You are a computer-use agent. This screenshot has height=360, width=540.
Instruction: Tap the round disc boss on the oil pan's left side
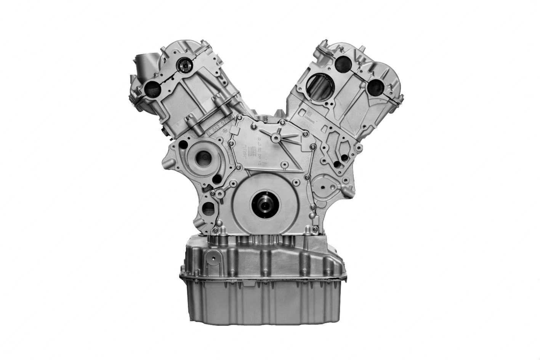[x=214, y=259]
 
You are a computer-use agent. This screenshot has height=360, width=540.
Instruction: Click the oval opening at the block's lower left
[x=208, y=208]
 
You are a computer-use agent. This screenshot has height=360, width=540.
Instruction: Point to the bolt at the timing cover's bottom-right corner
[x=312, y=229]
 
